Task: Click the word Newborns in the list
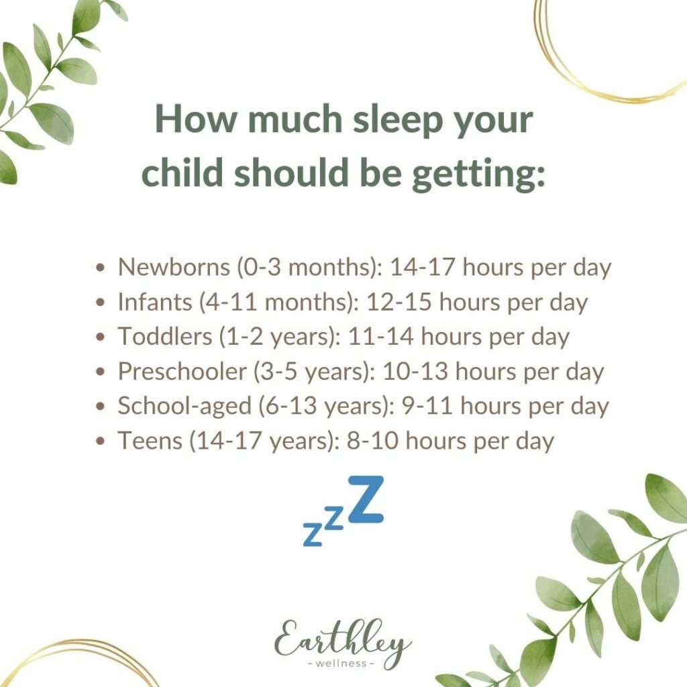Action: (174, 266)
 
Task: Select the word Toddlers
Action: (165, 336)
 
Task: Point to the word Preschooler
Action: (182, 371)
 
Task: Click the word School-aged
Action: (184, 406)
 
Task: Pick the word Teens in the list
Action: (150, 440)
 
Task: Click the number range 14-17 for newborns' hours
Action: (422, 266)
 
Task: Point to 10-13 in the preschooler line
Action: (415, 371)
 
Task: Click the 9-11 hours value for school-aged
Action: (427, 406)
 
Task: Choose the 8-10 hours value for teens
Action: (372, 440)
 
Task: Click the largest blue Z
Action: (366, 499)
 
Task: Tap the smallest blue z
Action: (313, 534)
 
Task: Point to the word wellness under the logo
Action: (341, 664)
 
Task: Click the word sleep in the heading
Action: (398, 119)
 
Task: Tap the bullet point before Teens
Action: (101, 441)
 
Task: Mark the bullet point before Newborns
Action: (101, 267)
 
